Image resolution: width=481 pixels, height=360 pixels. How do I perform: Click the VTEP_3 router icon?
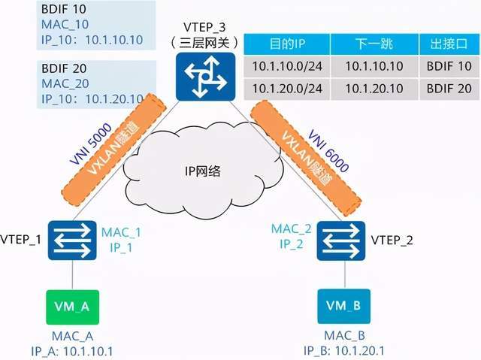point(205,77)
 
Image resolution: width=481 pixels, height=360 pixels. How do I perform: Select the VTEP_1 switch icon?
point(72,241)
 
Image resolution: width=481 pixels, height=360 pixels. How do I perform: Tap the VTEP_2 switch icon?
point(341,241)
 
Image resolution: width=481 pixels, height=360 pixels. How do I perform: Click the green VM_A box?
point(72,307)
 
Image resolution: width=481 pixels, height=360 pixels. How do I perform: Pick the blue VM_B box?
point(344,306)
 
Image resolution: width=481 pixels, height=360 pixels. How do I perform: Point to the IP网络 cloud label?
point(203,171)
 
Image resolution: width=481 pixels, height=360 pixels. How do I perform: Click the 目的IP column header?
point(287,44)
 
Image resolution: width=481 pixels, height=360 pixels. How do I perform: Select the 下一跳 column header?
point(374,44)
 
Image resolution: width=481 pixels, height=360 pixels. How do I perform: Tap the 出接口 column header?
point(449,44)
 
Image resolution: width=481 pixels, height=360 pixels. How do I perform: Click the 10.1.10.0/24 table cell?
point(287,66)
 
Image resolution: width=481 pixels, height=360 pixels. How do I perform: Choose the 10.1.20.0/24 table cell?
point(287,89)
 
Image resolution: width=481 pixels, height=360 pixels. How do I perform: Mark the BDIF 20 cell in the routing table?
point(449,89)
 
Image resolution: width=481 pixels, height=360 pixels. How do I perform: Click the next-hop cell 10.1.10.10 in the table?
point(374,66)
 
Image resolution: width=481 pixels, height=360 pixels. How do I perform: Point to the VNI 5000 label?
point(91,144)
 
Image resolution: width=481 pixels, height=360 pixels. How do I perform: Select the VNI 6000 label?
point(328,151)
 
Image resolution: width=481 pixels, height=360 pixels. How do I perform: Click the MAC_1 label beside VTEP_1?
point(121,232)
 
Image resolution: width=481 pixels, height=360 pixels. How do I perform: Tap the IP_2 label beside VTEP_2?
point(292,244)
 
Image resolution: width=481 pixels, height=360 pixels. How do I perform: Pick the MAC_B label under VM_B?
point(344,335)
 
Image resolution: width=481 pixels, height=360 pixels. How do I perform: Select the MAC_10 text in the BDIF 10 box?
point(65,25)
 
